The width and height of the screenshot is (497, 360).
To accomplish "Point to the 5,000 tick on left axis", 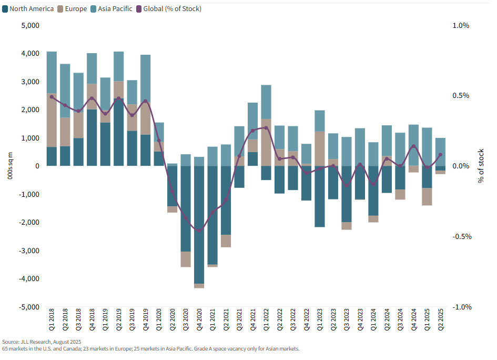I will tap(30, 26).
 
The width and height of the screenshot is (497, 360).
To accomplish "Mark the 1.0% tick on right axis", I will tap(461, 26).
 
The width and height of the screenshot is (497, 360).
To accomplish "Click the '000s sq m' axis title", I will tap(11, 166).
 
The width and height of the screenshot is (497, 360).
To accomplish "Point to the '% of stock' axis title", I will tap(480, 166).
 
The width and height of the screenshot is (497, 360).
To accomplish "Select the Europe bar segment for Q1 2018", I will tap(52, 121).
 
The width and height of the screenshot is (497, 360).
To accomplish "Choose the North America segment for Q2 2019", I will tap(119, 132).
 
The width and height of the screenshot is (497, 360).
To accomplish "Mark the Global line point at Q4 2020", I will tap(199, 231).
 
